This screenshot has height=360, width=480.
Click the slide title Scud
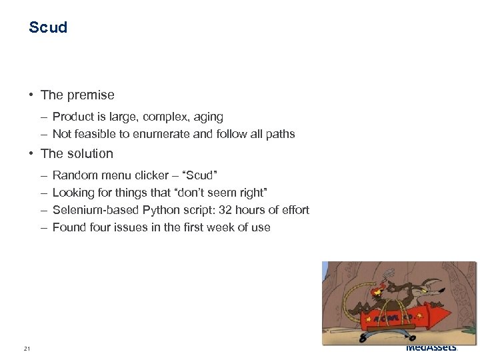point(48,27)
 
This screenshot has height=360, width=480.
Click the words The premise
point(77,95)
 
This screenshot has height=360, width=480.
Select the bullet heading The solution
point(77,153)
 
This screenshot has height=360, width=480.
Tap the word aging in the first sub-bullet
point(209,117)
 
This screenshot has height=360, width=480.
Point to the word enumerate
point(161,134)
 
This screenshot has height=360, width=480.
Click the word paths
point(280,134)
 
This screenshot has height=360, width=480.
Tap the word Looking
point(73,193)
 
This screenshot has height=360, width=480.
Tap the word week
point(213,227)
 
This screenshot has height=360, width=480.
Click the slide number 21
point(27,349)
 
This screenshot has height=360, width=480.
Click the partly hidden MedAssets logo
point(431,347)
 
